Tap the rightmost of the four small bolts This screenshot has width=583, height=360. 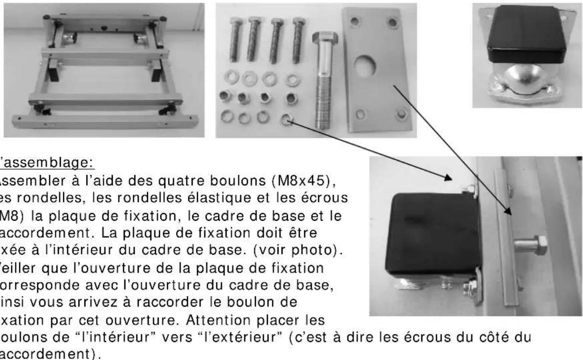click(x=298, y=40)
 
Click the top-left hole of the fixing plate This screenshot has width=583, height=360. click(x=354, y=22)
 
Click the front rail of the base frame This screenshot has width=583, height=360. click(x=105, y=121)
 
